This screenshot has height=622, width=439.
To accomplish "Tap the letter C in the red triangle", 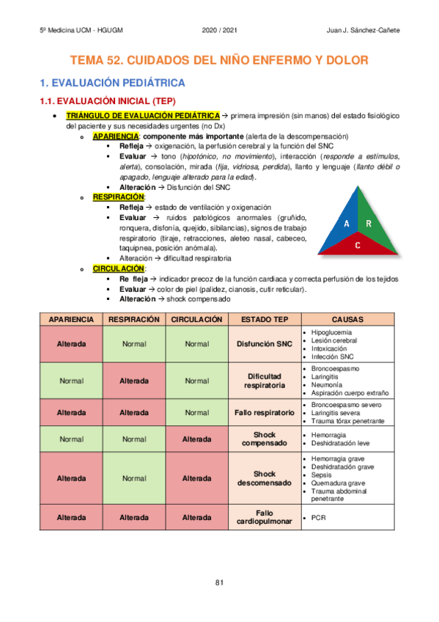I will [x=357, y=245].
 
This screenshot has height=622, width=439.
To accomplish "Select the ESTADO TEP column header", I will [x=265, y=320].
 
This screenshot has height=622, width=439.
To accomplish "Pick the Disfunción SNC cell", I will [x=265, y=343].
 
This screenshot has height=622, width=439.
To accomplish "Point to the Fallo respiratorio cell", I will [x=265, y=412].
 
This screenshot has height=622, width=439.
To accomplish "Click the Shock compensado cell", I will [x=265, y=439].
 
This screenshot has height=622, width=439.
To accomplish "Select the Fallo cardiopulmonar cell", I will [x=265, y=517].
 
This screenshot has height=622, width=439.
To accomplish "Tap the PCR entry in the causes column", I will [x=318, y=517].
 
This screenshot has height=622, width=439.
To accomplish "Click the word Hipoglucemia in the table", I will [x=331, y=332].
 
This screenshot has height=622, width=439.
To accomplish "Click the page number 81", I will [x=219, y=582].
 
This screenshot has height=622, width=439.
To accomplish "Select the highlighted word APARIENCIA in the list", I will [x=116, y=136].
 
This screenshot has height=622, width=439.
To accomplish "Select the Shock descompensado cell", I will [x=265, y=478].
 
